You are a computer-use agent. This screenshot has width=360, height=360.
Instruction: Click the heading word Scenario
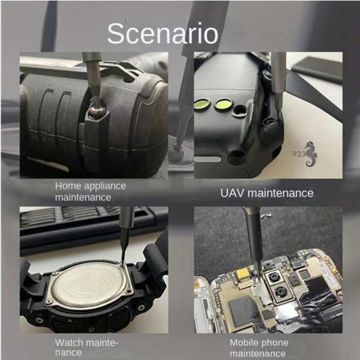(163, 33)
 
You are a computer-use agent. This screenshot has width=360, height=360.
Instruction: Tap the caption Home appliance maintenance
(90, 191)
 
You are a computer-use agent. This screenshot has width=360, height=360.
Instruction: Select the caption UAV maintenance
(267, 193)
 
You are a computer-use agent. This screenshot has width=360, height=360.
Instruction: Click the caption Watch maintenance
(86, 347)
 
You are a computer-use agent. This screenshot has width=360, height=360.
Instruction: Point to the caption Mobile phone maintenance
(259, 348)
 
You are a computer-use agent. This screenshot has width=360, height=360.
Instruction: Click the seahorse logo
(311, 154)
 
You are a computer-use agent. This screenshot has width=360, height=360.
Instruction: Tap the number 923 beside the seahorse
(299, 154)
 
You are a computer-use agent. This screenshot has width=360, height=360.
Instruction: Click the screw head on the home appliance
(97, 111)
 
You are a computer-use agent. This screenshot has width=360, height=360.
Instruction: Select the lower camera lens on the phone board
(280, 292)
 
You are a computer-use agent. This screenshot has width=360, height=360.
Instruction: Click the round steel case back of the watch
(88, 285)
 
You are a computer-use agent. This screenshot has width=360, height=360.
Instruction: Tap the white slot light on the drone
(208, 160)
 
